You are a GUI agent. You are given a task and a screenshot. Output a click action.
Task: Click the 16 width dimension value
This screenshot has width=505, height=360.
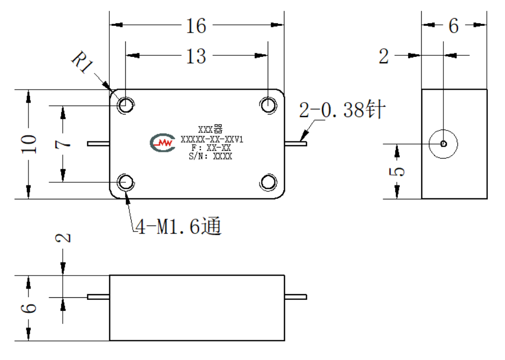(x=196, y=26)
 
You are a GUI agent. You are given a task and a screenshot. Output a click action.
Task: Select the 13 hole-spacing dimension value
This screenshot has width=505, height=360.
(x=196, y=56)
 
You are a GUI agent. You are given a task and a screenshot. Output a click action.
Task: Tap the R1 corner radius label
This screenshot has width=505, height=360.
(x=82, y=62)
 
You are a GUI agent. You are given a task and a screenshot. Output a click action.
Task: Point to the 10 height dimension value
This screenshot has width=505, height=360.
(x=28, y=143)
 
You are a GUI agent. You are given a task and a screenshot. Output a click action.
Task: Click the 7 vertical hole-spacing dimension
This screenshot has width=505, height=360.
(x=63, y=143)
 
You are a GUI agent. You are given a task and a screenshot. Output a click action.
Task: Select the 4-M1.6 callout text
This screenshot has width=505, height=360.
(x=178, y=226)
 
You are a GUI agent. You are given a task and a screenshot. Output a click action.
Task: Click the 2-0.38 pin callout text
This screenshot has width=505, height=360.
(x=342, y=109)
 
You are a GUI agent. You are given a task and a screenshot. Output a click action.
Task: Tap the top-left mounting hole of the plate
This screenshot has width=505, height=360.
(x=125, y=105)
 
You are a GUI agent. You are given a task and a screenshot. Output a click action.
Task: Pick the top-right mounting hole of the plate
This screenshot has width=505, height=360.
(x=268, y=105)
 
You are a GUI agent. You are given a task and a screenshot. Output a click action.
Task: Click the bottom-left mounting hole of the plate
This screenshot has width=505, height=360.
(x=125, y=182)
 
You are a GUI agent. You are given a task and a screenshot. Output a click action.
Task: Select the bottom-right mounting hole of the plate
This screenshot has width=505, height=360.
(x=268, y=182)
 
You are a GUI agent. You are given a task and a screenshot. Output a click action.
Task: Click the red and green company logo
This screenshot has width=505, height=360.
(x=163, y=142)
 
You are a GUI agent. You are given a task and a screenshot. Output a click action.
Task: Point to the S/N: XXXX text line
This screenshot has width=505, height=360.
(x=210, y=156)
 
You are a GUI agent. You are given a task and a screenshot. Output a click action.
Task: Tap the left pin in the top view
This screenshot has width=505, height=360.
(x=98, y=143)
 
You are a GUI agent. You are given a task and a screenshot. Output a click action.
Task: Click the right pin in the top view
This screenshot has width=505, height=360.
(x=296, y=143)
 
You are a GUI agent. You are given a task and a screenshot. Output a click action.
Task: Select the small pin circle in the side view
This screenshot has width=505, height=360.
(x=443, y=143)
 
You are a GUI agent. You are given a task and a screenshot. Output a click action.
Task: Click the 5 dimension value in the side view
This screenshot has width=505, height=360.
(x=397, y=171)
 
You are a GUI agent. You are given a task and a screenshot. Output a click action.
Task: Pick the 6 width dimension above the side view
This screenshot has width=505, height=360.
(x=454, y=26)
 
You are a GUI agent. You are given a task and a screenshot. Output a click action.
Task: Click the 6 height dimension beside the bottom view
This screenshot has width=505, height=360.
(x=28, y=308)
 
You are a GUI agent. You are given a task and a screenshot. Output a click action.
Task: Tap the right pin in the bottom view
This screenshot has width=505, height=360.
(x=296, y=297)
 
